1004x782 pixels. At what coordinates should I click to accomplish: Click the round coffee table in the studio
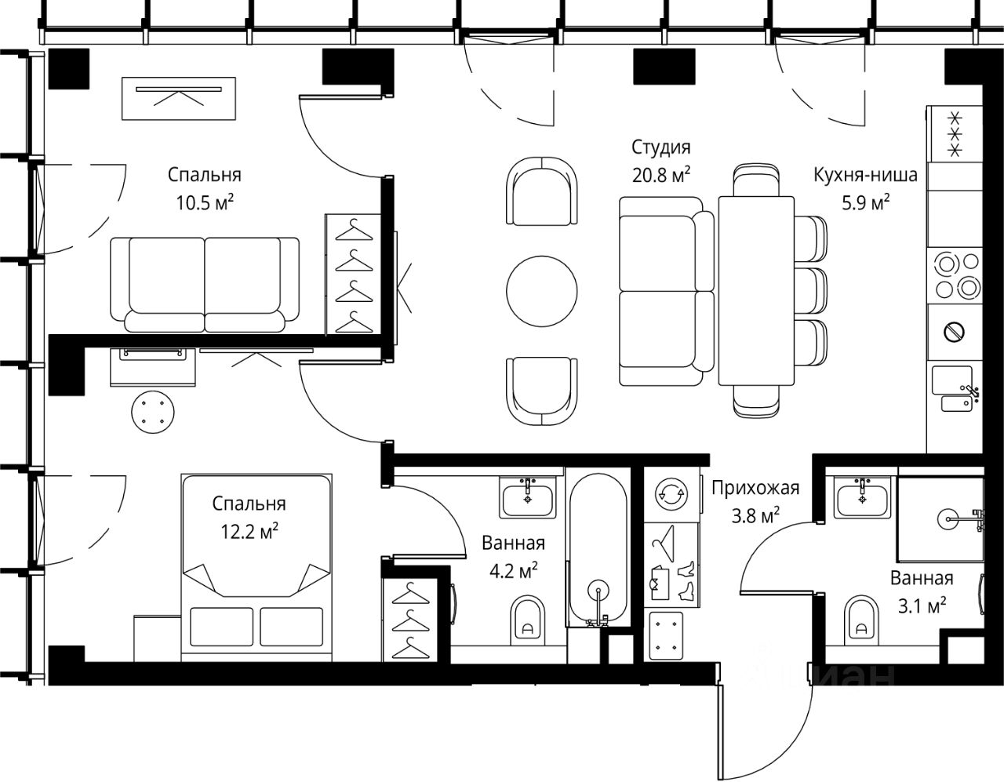(x=541, y=292)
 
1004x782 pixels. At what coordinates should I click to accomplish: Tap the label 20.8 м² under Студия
(x=661, y=175)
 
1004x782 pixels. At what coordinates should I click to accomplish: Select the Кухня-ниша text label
(x=865, y=176)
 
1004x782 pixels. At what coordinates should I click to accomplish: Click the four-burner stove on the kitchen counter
(x=958, y=276)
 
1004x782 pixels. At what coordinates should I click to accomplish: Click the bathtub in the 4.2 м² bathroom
(x=598, y=550)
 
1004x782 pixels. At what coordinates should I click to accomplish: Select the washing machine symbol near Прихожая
(x=671, y=494)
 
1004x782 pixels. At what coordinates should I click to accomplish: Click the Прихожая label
(x=755, y=488)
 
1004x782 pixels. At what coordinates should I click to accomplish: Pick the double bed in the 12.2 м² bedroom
(x=256, y=568)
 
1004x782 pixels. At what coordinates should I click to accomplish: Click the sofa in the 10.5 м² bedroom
(x=205, y=285)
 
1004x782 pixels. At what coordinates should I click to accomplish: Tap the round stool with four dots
(x=153, y=412)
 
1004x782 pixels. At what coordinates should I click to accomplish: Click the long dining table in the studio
(x=756, y=290)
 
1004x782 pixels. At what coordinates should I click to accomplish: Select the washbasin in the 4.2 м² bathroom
(x=527, y=497)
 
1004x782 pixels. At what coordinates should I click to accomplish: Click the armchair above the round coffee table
(x=541, y=191)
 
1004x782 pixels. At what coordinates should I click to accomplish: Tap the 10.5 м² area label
(x=205, y=202)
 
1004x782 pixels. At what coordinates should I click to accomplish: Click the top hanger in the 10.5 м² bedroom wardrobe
(x=354, y=230)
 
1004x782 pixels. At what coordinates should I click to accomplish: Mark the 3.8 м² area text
(x=756, y=515)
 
